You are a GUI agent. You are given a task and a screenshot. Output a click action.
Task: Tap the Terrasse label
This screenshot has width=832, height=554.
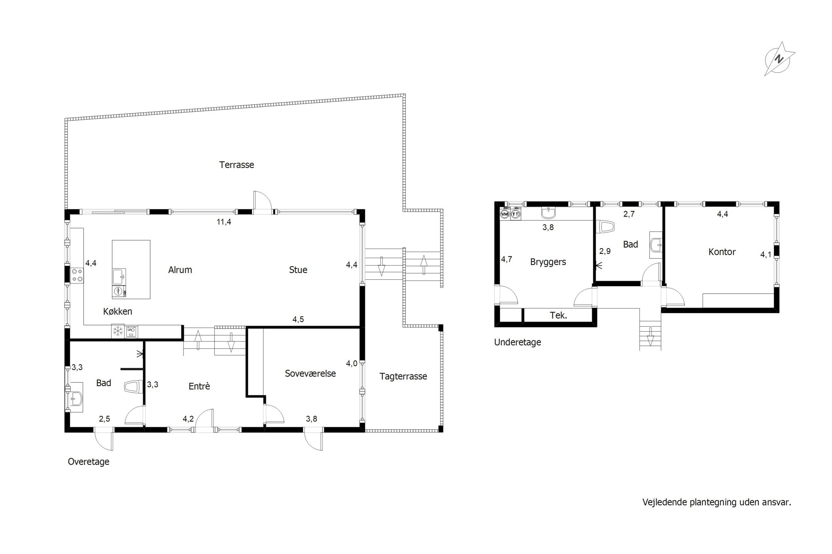236,165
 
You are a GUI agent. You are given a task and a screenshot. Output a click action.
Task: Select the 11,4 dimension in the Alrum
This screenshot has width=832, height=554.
224,222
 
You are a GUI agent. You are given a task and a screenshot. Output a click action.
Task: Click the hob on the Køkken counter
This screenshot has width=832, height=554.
77,275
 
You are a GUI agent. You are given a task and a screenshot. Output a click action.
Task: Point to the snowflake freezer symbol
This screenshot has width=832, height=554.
118,331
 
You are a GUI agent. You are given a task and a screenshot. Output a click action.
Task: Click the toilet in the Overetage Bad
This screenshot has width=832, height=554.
131,387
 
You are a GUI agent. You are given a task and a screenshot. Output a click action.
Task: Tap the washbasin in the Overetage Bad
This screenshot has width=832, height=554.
76,397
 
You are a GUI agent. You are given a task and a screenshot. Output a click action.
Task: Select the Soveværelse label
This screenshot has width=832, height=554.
310,373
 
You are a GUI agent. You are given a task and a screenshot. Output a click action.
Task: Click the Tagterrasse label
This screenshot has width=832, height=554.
403,377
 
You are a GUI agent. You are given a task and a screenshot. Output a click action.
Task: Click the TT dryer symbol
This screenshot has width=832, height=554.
515,214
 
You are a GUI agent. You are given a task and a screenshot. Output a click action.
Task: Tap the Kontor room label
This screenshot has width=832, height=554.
722,252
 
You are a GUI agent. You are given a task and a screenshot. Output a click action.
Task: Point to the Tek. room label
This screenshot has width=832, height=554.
558,315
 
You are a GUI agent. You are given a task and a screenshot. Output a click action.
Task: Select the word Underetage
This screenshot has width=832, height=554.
518,342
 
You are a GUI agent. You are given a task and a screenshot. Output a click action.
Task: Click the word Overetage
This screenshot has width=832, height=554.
89,462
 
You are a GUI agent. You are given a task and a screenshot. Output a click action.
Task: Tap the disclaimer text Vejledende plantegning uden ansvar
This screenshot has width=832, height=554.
717,502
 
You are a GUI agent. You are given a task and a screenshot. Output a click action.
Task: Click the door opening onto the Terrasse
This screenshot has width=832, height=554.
262,202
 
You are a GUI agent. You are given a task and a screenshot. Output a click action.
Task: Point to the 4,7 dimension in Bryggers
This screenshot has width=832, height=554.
506,259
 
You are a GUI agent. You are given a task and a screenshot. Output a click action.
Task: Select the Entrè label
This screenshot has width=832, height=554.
199,386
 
